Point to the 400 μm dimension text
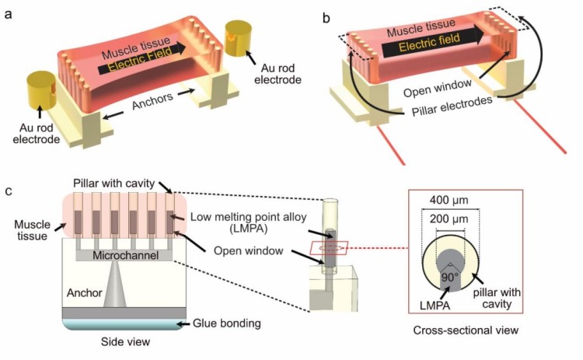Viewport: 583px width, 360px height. (x=449, y=200)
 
